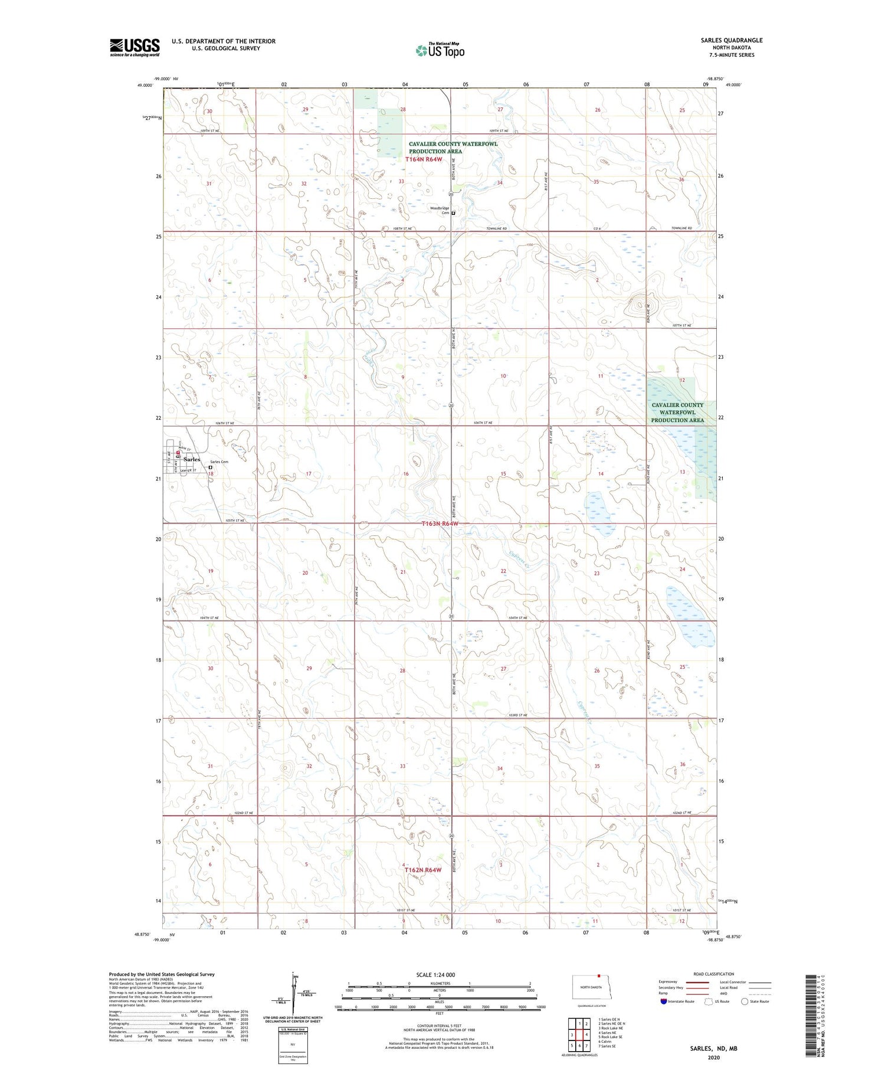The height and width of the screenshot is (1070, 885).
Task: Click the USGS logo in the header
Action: tap(135, 47)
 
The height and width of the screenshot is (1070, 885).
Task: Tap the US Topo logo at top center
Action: tap(440, 50)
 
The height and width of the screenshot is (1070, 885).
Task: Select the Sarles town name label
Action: tap(192, 459)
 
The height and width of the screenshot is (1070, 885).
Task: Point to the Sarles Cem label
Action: tap(219, 462)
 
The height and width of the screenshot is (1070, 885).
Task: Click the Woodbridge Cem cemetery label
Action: tap(440, 211)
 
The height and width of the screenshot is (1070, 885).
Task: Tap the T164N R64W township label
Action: tap(424, 159)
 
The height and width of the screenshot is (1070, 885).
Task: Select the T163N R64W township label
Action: tap(440, 523)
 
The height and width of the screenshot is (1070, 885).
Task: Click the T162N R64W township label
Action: tap(423, 870)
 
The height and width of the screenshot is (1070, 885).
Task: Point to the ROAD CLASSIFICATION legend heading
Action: tap(714, 974)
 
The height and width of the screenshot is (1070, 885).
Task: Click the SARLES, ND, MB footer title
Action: tap(714, 1048)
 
